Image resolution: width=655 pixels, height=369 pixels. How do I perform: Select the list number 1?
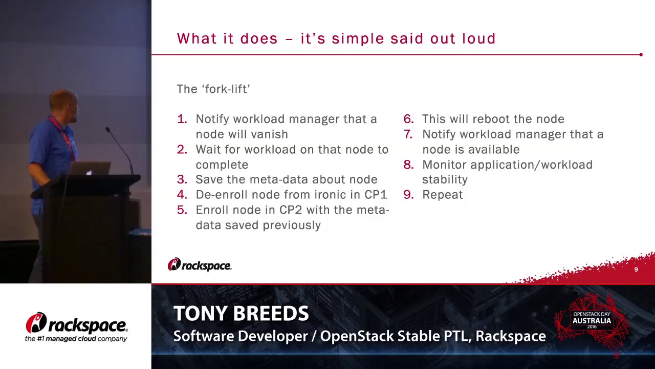pos(182,119)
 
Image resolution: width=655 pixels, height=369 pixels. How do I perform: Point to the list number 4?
pos(182,195)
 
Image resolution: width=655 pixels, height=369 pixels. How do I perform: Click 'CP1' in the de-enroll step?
pos(376,195)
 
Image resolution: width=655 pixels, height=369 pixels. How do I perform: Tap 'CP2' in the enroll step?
pos(291,210)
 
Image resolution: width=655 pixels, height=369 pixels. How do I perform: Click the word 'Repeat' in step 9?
pos(443,195)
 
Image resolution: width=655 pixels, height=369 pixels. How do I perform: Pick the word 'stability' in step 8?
pos(445,179)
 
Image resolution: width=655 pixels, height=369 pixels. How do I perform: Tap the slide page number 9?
pos(636,270)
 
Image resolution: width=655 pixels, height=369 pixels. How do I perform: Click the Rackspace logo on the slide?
pos(200,265)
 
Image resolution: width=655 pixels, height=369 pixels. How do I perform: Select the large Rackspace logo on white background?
pos(76,326)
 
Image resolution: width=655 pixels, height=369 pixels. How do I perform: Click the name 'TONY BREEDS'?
pos(241,314)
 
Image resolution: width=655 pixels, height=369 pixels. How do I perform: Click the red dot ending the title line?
pos(641,54)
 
